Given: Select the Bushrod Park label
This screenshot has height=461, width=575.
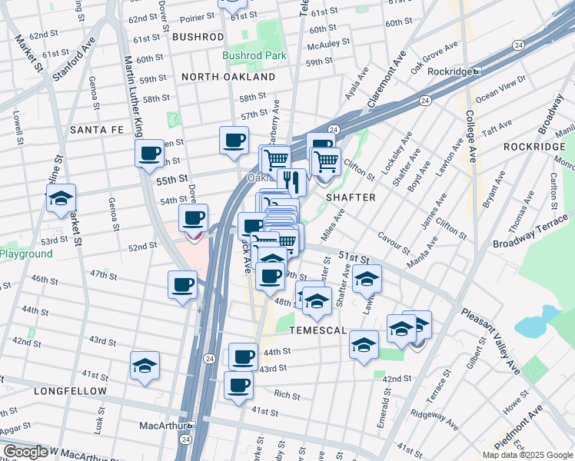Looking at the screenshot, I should click(x=254, y=55).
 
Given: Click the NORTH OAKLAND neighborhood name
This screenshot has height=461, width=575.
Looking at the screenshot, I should click(x=228, y=78).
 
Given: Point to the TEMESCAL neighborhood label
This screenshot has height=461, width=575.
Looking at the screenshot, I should click(x=298, y=330).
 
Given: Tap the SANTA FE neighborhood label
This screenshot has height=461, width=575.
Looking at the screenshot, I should click(x=97, y=130).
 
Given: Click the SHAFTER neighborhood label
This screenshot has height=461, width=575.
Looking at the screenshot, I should click(x=351, y=197).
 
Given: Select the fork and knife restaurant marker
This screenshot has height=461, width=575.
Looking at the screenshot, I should click(x=291, y=181).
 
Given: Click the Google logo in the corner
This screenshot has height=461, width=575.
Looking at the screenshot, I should click(x=25, y=452).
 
